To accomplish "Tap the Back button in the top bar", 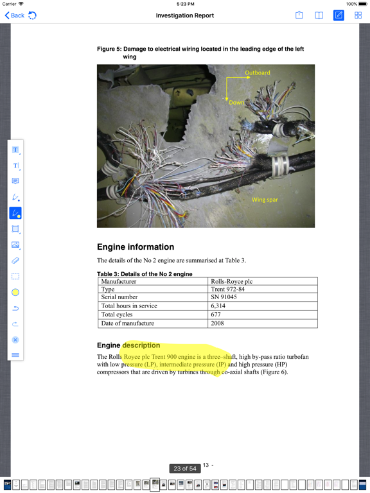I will [14, 15].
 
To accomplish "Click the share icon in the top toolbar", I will [299, 15].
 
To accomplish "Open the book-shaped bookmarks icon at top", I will [319, 15].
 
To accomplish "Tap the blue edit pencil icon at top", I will [339, 15].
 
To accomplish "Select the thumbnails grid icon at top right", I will [358, 15].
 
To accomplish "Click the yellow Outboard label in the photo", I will [258, 73].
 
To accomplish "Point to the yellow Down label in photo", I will [237, 103].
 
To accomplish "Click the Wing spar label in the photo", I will [265, 200].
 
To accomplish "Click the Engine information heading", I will [136, 247].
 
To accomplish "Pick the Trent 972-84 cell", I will [227, 290].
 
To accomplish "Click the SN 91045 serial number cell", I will [224, 298].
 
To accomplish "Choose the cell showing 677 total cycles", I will [216, 315].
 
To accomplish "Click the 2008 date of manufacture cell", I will [217, 323].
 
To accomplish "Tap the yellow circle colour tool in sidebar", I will [15, 292].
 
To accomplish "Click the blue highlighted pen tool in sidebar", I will [15, 213].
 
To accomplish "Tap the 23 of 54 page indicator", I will [184, 469].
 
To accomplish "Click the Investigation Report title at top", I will [185, 15].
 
